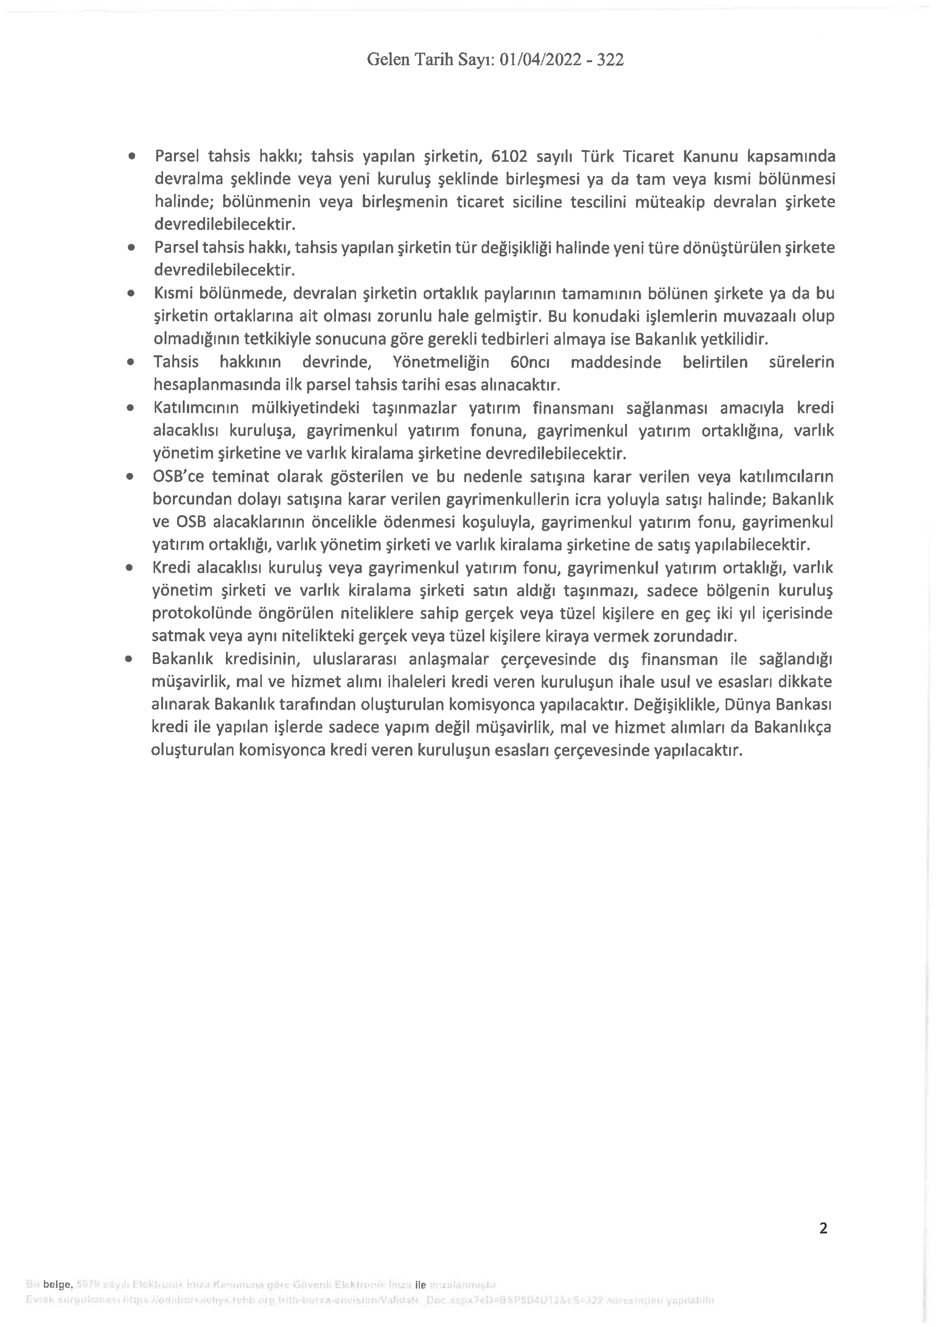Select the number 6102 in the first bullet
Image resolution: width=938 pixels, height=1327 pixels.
point(508,157)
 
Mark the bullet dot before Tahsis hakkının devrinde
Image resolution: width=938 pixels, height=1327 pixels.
point(131,362)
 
